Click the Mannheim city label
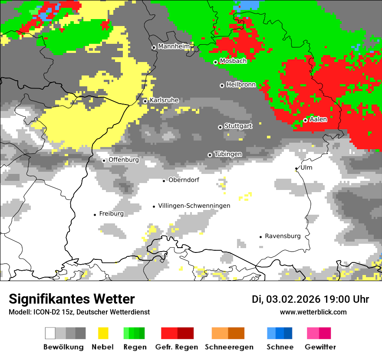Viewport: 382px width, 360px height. tap(174, 46)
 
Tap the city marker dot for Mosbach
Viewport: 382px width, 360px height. tap(215, 62)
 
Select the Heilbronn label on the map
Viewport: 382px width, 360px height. tap(241, 85)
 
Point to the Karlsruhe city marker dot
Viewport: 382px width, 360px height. tap(145, 101)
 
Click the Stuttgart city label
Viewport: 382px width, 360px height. tap(238, 126)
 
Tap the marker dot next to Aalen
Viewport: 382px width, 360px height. tap(306, 120)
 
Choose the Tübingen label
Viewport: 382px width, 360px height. tap(228, 154)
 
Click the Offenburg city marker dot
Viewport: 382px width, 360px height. tap(104, 160)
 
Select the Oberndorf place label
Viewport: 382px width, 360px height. tap(184, 180)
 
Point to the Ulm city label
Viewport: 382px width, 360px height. tap(306, 167)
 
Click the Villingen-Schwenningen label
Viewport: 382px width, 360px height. tap(194, 206)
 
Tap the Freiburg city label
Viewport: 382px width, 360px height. tap(111, 213)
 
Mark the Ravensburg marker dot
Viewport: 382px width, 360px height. tap(260, 237)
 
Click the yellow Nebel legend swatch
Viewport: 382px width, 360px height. tap(103, 333)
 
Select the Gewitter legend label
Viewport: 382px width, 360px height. tap(320, 347)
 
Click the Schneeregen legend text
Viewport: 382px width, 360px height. tap(229, 347)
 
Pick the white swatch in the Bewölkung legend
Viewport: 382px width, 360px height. tap(50, 333)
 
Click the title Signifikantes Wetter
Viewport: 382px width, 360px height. tap(72, 299)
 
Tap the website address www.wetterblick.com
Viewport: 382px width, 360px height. tap(313, 312)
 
